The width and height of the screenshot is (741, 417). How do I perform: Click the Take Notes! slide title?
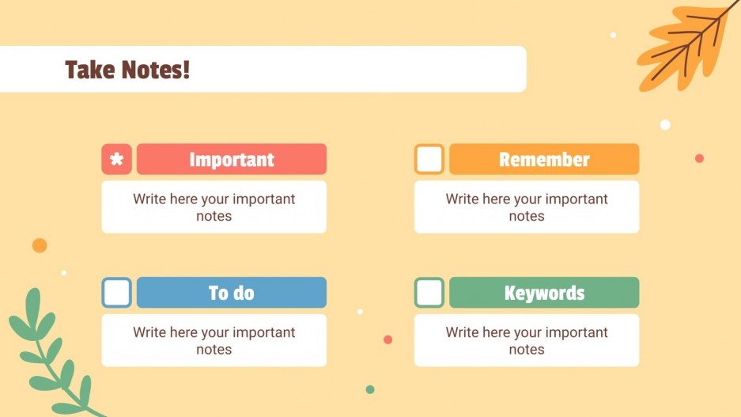127,70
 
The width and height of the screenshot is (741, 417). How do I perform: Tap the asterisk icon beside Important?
116,159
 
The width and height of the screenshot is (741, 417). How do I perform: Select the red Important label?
231,159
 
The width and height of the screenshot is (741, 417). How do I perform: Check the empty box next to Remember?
429,159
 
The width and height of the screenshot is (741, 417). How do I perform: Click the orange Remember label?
544,159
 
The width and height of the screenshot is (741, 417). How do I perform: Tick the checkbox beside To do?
116,293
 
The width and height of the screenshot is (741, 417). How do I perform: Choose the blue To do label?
231,293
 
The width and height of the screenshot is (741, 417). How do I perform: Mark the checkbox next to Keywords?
429,293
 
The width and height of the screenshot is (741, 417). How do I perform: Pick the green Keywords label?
544,293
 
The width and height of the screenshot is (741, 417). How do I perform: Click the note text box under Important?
214,207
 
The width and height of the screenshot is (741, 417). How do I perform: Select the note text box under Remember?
527,207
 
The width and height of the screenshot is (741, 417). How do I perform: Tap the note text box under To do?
214,341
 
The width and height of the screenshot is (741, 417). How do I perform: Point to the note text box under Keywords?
527,341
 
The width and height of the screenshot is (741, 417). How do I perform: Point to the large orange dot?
40,245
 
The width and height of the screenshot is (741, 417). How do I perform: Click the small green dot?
369,389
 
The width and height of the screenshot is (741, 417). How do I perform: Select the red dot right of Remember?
699,158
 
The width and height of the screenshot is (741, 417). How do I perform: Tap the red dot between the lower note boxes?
388,339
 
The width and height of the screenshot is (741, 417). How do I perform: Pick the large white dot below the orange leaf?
665,124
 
